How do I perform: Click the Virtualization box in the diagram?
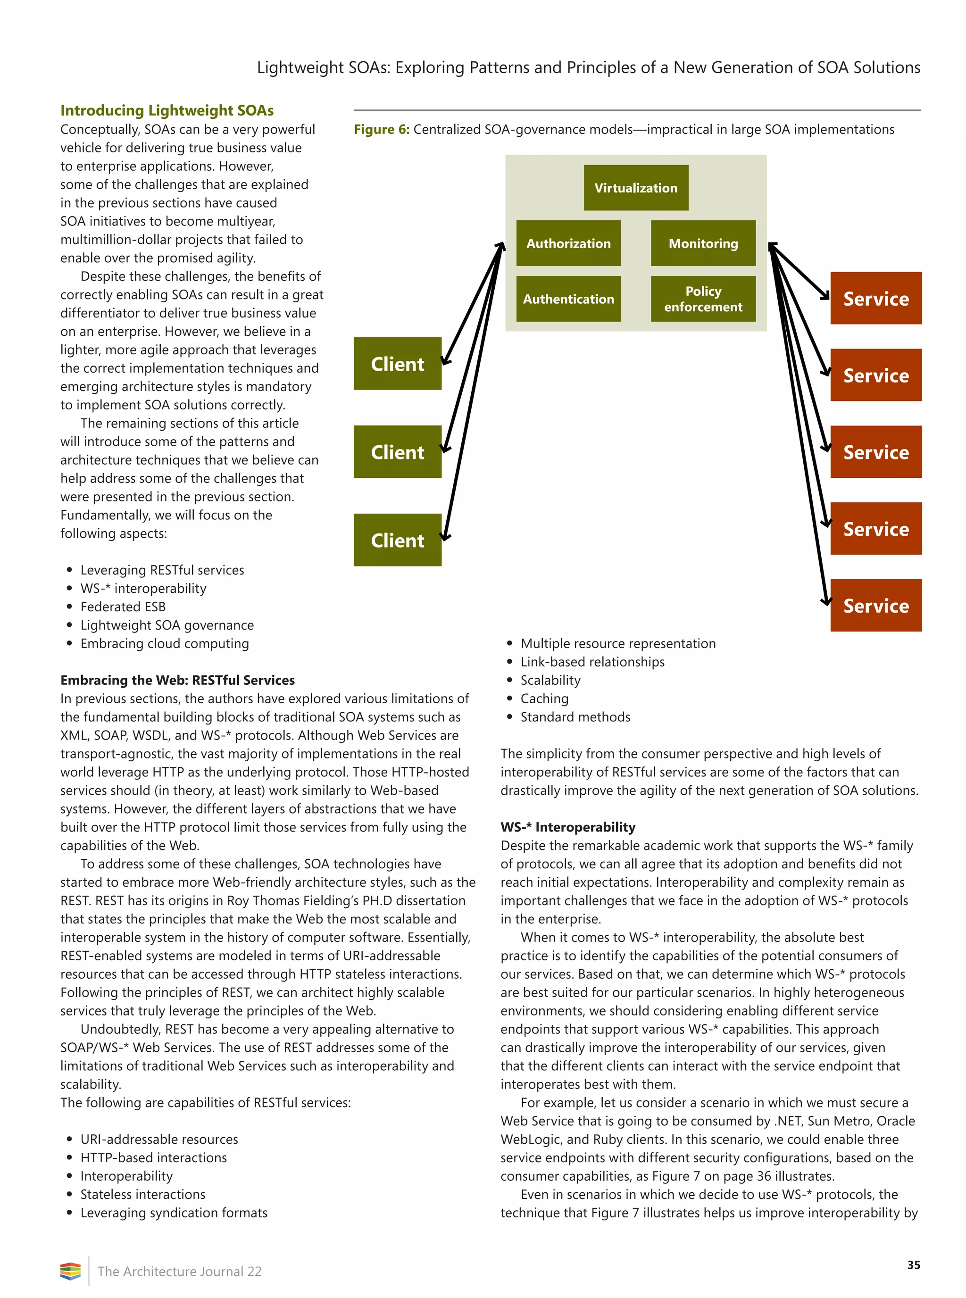[x=636, y=188]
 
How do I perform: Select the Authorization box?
[x=568, y=243]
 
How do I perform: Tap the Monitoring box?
[x=703, y=243]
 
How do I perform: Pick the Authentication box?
[x=568, y=299]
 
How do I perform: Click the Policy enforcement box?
[x=703, y=299]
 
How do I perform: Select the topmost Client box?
[x=397, y=364]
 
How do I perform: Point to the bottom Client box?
[x=397, y=540]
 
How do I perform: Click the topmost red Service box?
[x=875, y=298]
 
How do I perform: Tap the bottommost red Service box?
[x=875, y=605]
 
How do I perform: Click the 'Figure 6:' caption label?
[x=381, y=129]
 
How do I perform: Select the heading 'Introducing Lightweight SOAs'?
[x=167, y=110]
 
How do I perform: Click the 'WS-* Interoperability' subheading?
[x=567, y=827]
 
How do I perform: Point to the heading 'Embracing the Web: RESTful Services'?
[x=177, y=680]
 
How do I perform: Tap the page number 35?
[x=913, y=1265]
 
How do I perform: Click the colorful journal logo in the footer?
[x=70, y=1271]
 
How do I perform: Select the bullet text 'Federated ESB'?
[x=123, y=607]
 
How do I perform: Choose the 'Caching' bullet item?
[x=544, y=698]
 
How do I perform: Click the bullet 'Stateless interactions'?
[x=142, y=1194]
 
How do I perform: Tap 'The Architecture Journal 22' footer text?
[x=180, y=1271]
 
